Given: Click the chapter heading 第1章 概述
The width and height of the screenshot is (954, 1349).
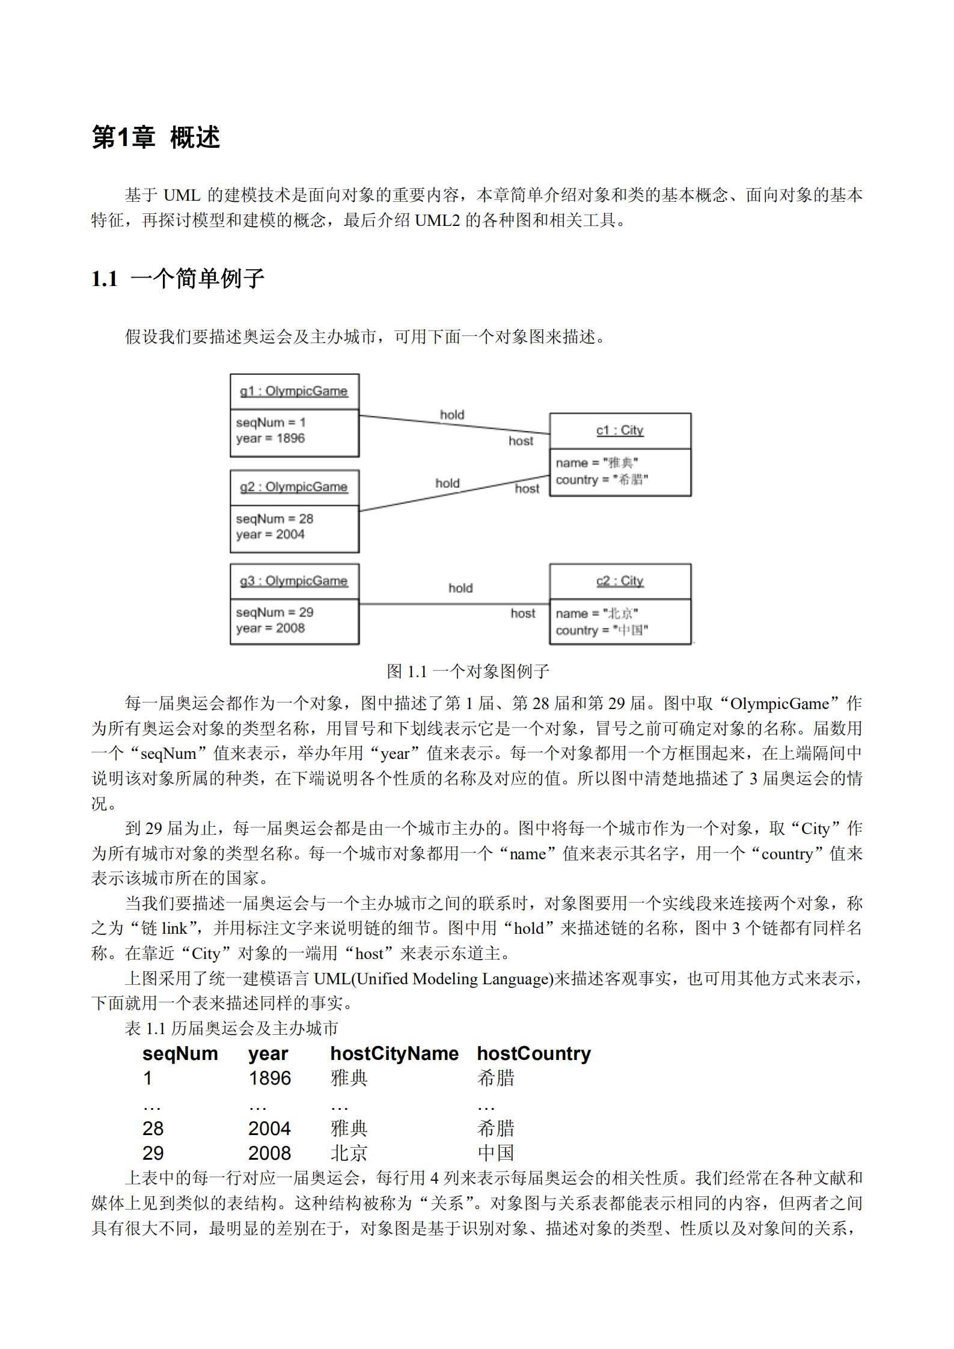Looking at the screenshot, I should point(156,137).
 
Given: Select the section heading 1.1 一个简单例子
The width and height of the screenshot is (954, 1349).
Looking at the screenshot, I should point(178,278).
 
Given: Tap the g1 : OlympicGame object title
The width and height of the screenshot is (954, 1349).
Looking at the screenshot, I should point(293,391).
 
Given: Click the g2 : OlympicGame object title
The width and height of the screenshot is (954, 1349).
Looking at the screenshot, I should point(293,487).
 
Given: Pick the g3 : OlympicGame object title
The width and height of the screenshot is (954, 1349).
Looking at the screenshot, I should point(293,580).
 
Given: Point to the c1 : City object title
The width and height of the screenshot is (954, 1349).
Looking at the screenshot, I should point(619,430).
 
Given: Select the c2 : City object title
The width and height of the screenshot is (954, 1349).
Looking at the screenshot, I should point(619,580).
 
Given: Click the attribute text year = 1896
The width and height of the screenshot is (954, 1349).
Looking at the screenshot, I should point(270,438).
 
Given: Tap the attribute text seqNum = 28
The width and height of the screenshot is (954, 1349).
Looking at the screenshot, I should point(274,519).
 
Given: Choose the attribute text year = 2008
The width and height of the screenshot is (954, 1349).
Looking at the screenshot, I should point(270,628).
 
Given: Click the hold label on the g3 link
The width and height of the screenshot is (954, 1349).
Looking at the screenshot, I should point(460,588).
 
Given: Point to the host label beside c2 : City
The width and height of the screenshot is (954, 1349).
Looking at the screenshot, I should point(522,614).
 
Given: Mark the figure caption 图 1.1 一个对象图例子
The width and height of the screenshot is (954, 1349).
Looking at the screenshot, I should point(468,671).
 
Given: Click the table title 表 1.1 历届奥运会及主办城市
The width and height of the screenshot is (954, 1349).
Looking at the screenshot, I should point(231,1028).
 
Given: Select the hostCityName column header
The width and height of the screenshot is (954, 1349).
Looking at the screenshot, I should point(394,1053).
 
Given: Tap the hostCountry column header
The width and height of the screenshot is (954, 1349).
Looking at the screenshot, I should point(533,1053).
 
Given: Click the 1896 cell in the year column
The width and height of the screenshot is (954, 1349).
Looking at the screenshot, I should point(269,1079).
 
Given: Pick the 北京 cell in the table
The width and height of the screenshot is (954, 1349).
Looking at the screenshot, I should point(349,1153).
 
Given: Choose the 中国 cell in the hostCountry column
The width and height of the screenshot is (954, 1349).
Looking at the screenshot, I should point(496,1153).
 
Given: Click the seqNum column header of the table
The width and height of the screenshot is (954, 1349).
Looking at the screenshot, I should point(180,1053).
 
